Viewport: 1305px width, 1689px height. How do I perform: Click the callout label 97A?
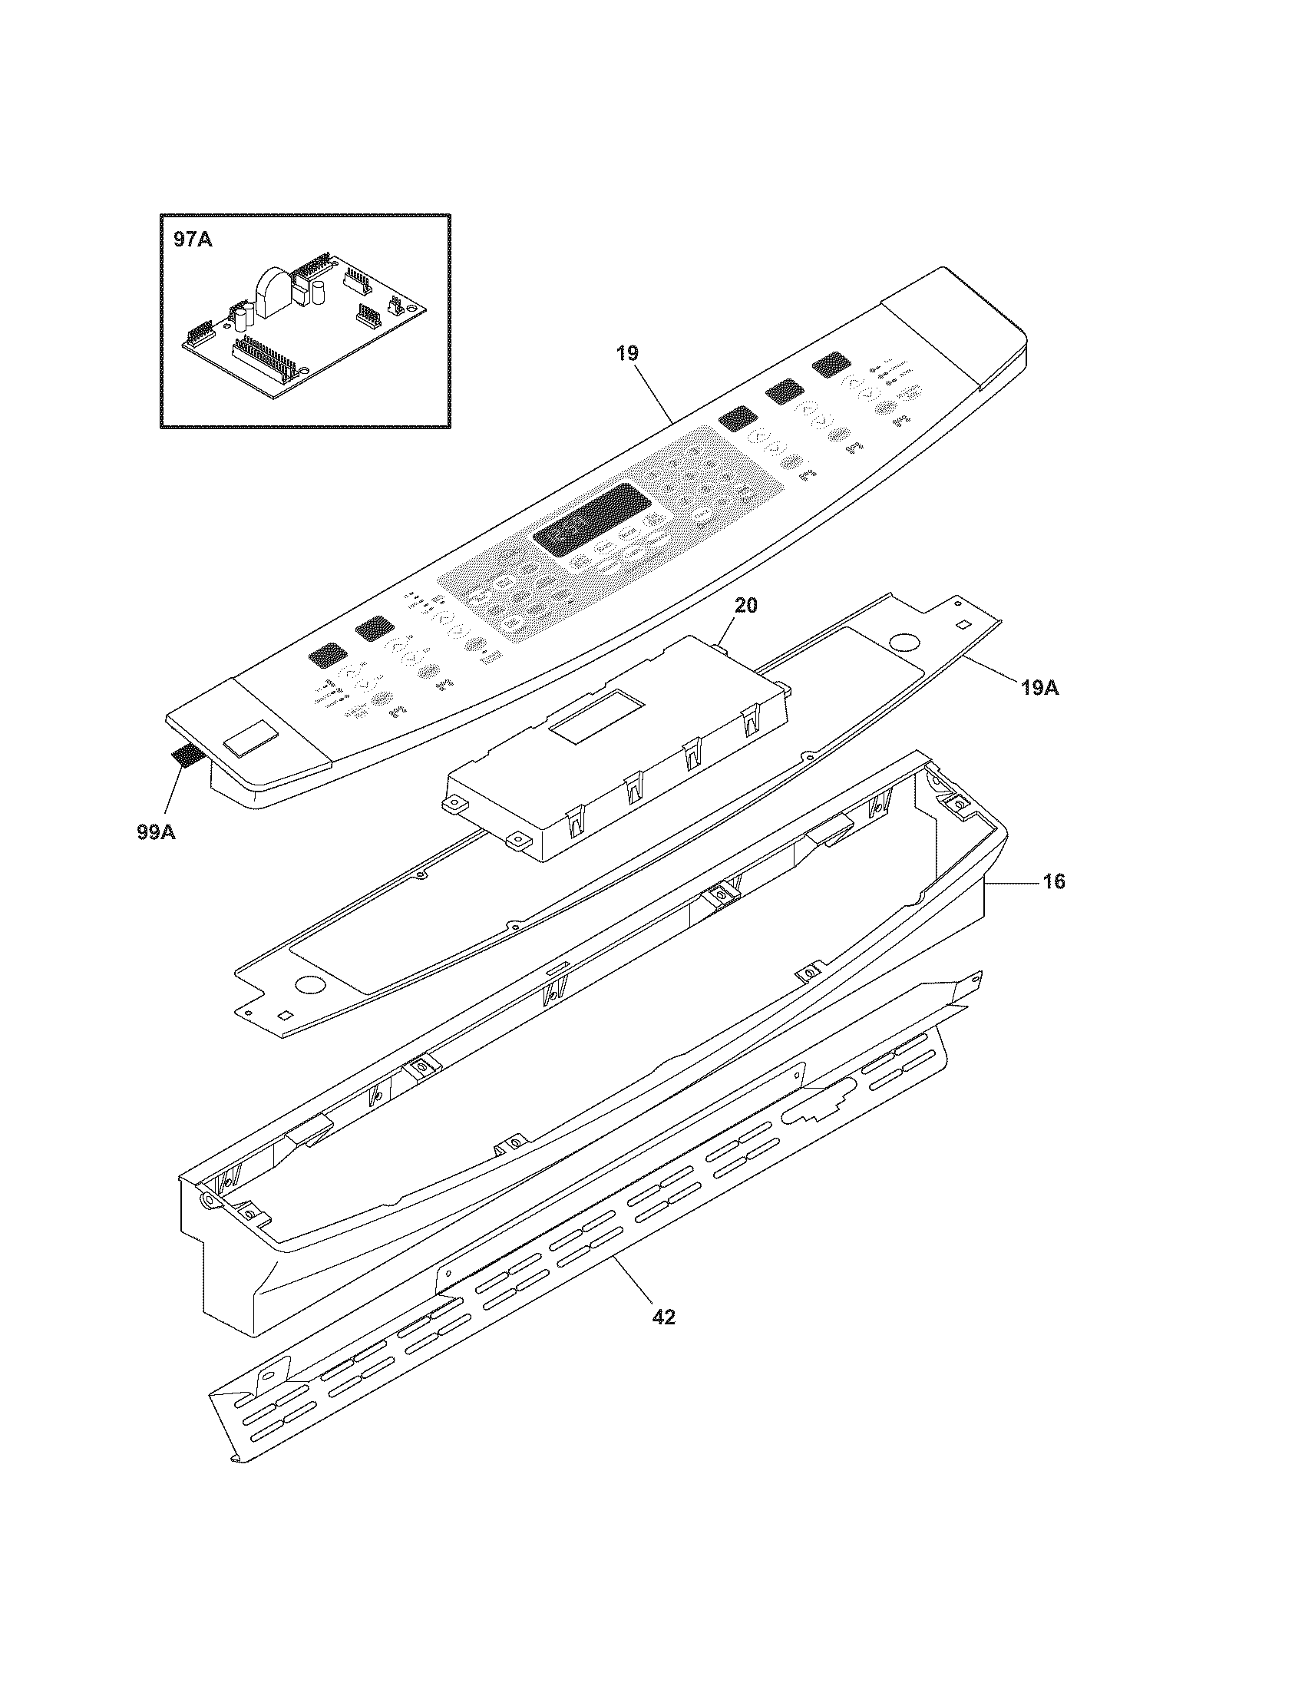pyautogui.click(x=193, y=240)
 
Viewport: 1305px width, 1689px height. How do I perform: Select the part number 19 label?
pyautogui.click(x=627, y=353)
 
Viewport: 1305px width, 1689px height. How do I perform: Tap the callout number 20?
pyautogui.click(x=745, y=606)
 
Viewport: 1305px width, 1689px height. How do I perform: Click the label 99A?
pyautogui.click(x=156, y=832)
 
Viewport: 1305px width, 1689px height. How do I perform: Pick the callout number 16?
pyautogui.click(x=1054, y=881)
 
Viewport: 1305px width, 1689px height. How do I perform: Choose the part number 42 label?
pyautogui.click(x=663, y=1317)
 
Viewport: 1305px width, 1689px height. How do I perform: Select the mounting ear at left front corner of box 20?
pyautogui.click(x=449, y=806)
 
